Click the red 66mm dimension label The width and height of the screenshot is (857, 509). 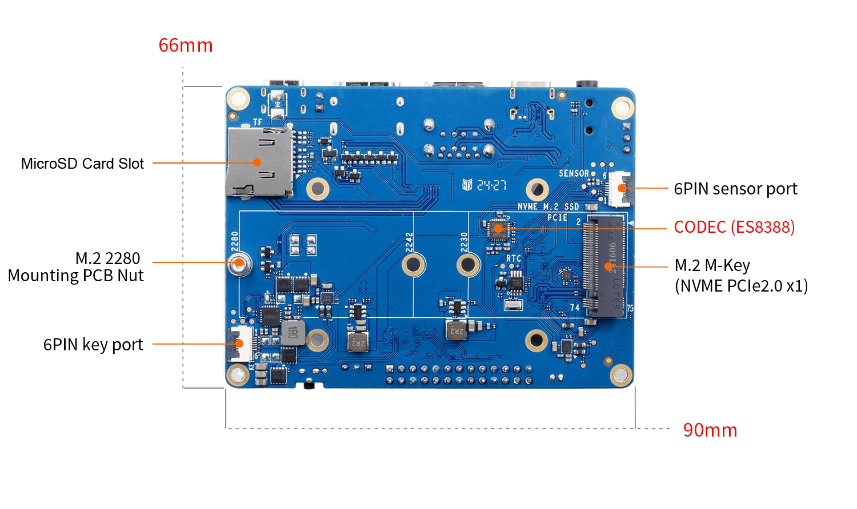click(185, 46)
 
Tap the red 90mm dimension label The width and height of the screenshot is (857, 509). click(710, 430)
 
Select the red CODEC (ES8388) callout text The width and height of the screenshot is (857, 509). click(734, 227)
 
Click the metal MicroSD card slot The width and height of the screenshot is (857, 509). click(259, 162)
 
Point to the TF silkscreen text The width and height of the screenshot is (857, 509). click(257, 122)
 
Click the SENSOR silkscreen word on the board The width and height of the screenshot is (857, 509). click(573, 173)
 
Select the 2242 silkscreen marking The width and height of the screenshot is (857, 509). click(409, 242)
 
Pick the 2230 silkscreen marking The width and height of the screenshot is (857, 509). click(464, 242)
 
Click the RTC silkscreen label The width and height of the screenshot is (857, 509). click(513, 258)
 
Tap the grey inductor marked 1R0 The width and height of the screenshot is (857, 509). click(293, 333)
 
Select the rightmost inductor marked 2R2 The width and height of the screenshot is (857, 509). click(456, 330)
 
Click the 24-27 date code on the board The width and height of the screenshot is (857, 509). click(492, 186)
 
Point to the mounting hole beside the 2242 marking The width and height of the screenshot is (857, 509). click(413, 265)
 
